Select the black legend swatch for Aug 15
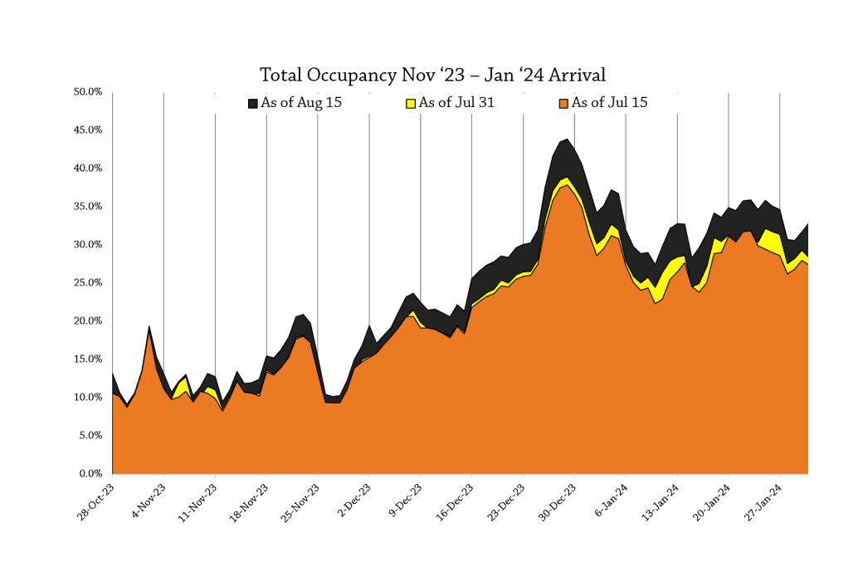(253, 104)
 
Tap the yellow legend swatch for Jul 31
(410, 104)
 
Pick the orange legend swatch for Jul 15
(564, 104)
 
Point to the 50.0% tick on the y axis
(89, 91)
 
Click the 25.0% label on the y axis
(89, 282)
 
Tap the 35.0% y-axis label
(89, 206)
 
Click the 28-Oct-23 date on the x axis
(95, 502)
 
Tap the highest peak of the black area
(567, 139)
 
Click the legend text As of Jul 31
(458, 103)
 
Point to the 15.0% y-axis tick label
(89, 359)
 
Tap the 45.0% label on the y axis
(89, 130)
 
